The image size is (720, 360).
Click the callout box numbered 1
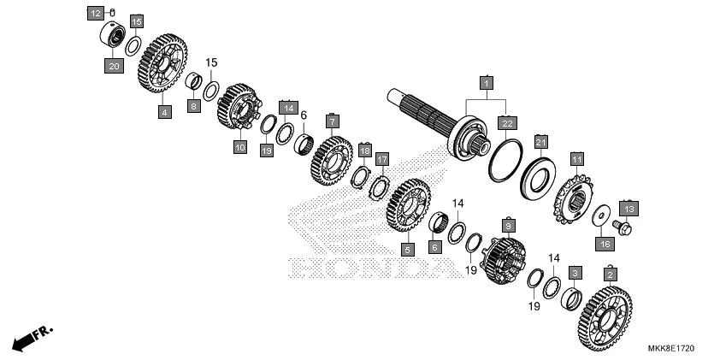point(486,83)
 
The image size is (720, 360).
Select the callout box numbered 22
point(508,124)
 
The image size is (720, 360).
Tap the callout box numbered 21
point(540,141)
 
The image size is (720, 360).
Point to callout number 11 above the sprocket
point(577,159)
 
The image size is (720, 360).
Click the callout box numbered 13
point(629,208)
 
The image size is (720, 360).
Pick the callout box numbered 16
point(604,244)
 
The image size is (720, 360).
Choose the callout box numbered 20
point(113,64)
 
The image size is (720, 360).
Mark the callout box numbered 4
point(163,111)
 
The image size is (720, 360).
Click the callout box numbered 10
point(239,147)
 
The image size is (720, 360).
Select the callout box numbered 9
point(509,225)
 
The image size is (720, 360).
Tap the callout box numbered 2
point(610,274)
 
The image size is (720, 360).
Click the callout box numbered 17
point(382,159)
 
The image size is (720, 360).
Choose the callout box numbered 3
point(575,273)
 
